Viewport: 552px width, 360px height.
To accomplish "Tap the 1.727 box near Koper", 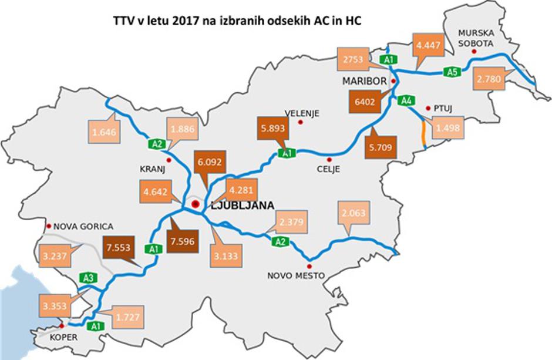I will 128,317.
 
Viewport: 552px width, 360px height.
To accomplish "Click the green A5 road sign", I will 451,72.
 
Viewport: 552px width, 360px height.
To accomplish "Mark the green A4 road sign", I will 405,100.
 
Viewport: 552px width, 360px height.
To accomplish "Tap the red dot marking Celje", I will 329,159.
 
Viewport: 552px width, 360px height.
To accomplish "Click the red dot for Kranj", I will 169,160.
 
